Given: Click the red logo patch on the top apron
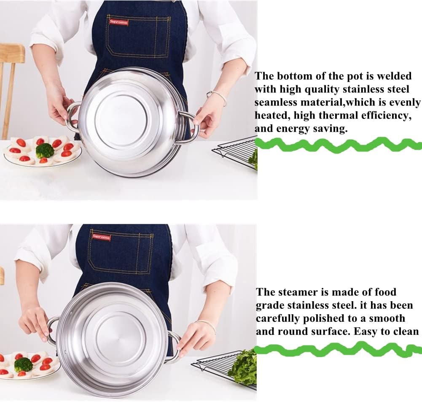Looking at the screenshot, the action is coord(118,22).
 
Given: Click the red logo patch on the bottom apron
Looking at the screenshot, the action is coord(101,237).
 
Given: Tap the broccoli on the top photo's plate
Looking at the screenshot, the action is coord(45,150).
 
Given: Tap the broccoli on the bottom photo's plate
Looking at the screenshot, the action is coord(24,364).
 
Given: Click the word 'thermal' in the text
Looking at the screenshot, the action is coord(338,115).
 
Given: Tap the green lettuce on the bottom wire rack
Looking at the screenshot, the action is coord(244,366).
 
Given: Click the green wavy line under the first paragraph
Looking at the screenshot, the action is coord(338,145).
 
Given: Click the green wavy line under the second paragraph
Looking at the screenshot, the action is coord(338,349).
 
